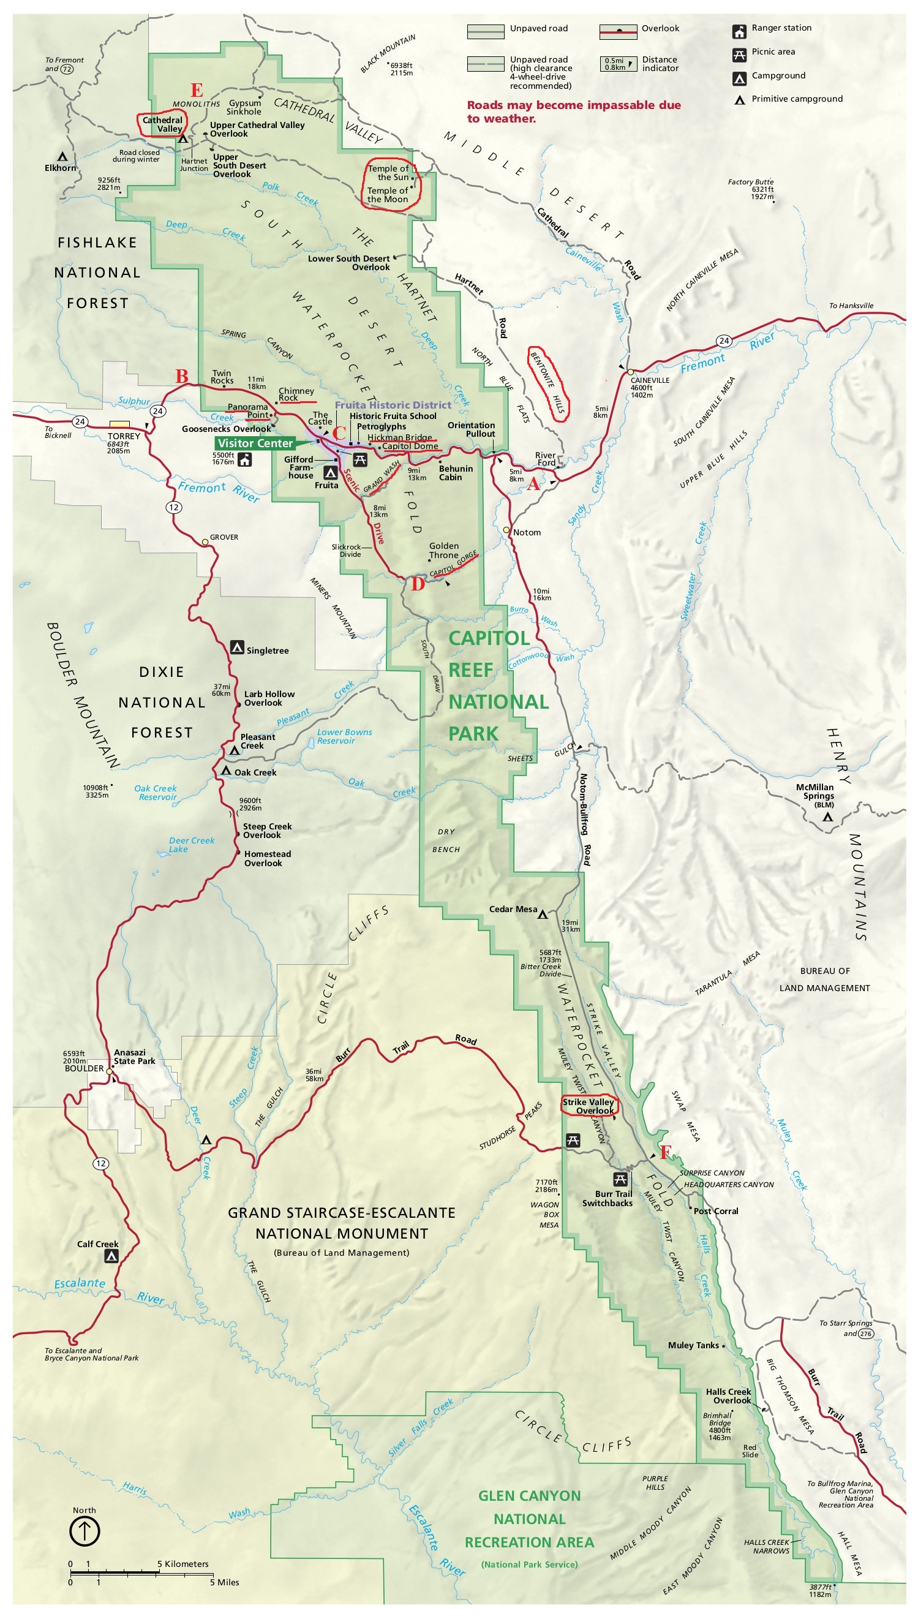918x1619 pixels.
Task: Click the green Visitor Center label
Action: pyautogui.click(x=255, y=443)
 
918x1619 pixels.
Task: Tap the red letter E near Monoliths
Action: pyautogui.click(x=196, y=90)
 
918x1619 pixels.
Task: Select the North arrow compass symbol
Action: pyautogui.click(x=84, y=1530)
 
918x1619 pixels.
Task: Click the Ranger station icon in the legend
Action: pyautogui.click(x=739, y=31)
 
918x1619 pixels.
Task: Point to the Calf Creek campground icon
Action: pyautogui.click(x=111, y=1256)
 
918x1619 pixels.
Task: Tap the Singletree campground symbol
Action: pyautogui.click(x=237, y=647)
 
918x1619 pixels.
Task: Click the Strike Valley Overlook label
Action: pyautogui.click(x=589, y=1106)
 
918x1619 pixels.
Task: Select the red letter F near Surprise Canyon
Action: pyautogui.click(x=665, y=1152)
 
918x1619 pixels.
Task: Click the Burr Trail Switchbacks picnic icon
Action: pyautogui.click(x=620, y=1179)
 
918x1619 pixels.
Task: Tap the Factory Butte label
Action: pyautogui.click(x=750, y=181)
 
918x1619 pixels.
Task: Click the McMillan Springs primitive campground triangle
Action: pyautogui.click(x=827, y=818)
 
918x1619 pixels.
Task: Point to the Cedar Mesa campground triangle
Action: pyautogui.click(x=542, y=914)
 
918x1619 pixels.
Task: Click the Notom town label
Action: pyautogui.click(x=527, y=532)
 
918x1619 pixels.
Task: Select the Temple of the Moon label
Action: pyautogui.click(x=387, y=195)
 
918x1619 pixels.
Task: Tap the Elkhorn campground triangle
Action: pyautogui.click(x=62, y=156)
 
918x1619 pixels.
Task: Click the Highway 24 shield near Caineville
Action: pyautogui.click(x=724, y=341)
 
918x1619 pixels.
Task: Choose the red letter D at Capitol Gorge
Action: pyautogui.click(x=418, y=584)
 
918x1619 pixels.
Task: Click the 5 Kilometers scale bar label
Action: pyautogui.click(x=183, y=1563)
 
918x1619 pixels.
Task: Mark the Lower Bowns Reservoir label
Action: pyautogui.click(x=344, y=736)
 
